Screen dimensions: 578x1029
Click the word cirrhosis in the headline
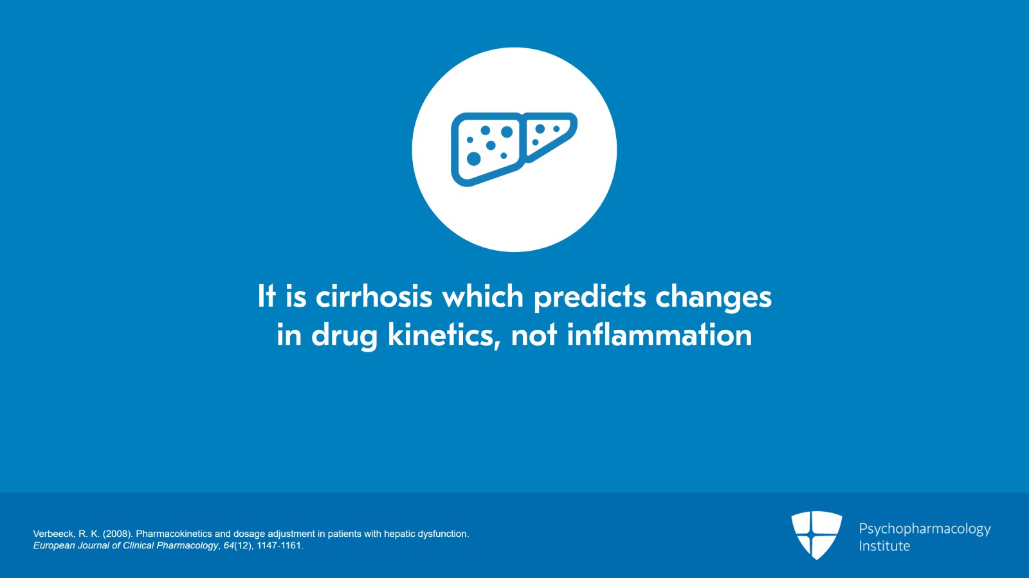pos(374,297)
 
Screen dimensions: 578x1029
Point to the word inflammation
pos(659,336)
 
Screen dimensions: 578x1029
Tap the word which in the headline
pos(483,297)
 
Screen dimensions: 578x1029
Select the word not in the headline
pos(533,336)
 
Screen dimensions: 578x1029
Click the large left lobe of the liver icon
pos(487,148)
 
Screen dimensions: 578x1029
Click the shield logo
pos(816,534)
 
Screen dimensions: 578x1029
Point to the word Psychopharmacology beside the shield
pos(924,528)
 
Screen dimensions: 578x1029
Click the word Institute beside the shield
pos(884,546)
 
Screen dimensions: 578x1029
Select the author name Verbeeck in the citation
pos(53,534)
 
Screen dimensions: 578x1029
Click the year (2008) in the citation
pos(118,534)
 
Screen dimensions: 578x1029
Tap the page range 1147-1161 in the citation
pos(279,545)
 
